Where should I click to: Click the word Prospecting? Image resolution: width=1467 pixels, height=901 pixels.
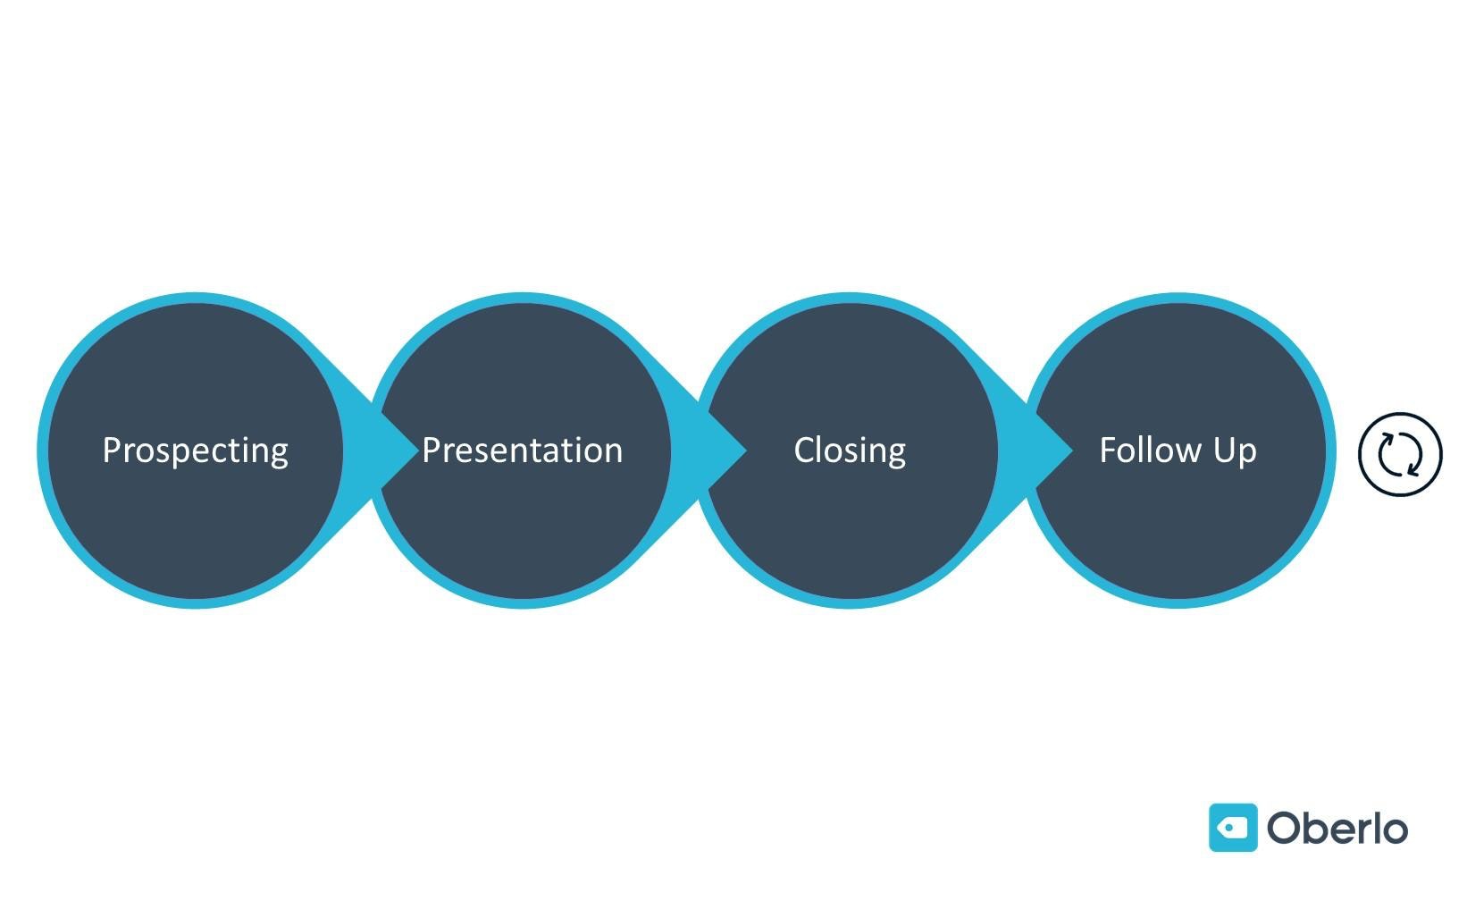coord(195,450)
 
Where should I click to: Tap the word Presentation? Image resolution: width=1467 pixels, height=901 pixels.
coord(522,450)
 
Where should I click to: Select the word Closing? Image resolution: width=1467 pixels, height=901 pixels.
coord(850,450)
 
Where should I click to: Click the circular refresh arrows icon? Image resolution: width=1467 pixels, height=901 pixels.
coord(1400,453)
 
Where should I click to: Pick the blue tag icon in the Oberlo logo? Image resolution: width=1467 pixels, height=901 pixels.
coord(1233,828)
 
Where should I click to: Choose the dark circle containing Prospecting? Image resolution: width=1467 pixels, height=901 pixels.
coord(195,527)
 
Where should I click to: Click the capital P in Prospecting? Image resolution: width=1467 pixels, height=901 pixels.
coord(112,450)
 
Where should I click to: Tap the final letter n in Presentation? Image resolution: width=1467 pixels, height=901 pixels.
coord(612,452)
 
